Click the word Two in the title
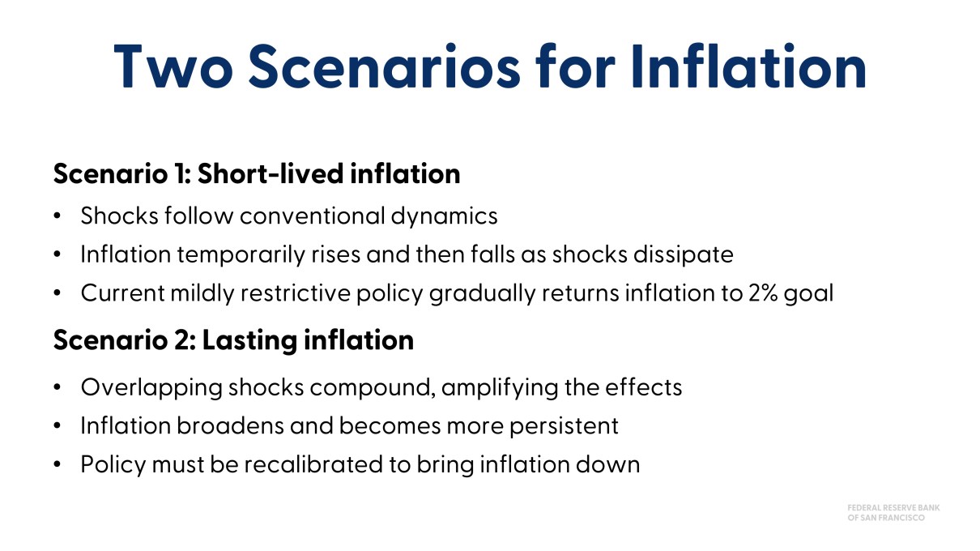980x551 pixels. click(173, 66)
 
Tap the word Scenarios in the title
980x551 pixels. click(385, 66)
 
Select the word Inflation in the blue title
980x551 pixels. click(748, 66)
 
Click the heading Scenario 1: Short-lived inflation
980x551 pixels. click(257, 173)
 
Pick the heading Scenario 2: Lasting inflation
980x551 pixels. click(233, 340)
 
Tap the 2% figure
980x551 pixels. click(763, 293)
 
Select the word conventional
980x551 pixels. click(312, 216)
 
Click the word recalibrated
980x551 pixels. click(313, 464)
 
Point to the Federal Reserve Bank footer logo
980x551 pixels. click(893, 513)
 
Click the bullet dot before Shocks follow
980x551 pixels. click(57, 216)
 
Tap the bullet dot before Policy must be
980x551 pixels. click(57, 464)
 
